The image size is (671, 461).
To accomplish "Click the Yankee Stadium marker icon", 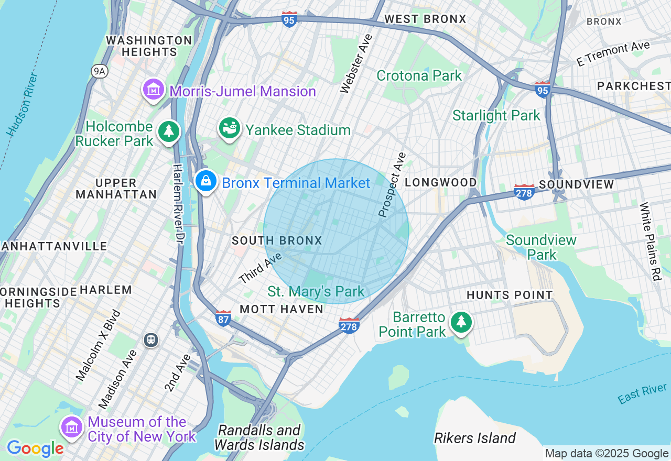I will [229, 128].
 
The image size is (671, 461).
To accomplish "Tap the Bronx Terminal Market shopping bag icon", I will [206, 181].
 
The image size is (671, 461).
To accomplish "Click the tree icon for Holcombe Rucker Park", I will [168, 131].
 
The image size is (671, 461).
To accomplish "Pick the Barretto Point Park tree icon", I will [461, 322].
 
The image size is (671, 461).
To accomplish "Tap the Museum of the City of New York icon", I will [71, 427].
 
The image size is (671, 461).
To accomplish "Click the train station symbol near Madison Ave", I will [151, 340].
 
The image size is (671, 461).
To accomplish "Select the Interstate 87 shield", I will [223, 317].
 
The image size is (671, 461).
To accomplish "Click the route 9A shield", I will [99, 71].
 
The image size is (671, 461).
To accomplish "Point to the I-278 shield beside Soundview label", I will [524, 192].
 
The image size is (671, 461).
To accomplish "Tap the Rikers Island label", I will [475, 438].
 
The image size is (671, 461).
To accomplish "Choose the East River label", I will [642, 393].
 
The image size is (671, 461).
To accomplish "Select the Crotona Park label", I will [419, 75].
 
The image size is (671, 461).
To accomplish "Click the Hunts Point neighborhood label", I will [510, 295].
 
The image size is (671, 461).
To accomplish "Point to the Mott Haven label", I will [282, 309].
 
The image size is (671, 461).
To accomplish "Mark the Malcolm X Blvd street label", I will [99, 345].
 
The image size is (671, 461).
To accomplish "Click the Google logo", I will [35, 448].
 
